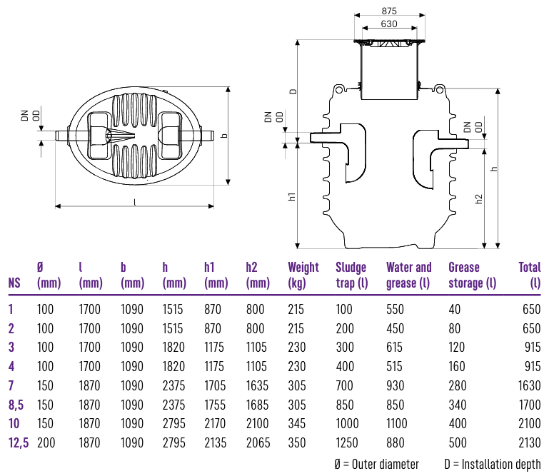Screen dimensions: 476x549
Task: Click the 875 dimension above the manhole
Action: [x=389, y=11]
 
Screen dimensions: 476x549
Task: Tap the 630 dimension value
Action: [x=389, y=24]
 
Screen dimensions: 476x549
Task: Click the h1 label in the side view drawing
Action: [x=292, y=196]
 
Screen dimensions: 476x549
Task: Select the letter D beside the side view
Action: [x=293, y=91]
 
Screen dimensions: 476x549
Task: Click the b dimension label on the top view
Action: [x=224, y=135]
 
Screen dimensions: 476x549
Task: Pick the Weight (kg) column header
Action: [x=303, y=275]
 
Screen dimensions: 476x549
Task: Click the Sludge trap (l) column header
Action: [x=351, y=275]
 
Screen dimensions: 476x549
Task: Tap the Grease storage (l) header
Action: [x=472, y=275]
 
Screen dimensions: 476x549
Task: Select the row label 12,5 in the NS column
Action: [x=19, y=442]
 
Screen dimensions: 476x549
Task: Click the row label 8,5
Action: [x=16, y=405]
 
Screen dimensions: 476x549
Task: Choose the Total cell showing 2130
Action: [x=528, y=442]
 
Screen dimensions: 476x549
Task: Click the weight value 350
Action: [x=296, y=442]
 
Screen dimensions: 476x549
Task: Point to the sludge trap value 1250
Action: [x=347, y=442]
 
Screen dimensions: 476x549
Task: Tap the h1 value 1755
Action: [x=214, y=405]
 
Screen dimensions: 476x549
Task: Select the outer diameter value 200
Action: [x=45, y=442]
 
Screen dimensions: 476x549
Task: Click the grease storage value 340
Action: [x=458, y=405]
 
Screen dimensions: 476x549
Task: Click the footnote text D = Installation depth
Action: [x=492, y=465]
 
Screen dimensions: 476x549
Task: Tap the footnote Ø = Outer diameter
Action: [x=376, y=465]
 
